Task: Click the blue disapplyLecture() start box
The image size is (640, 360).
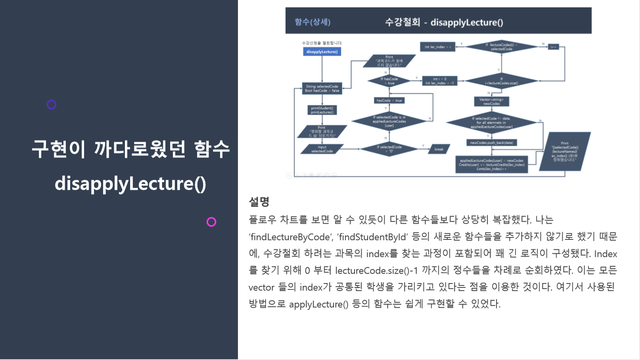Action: click(x=322, y=52)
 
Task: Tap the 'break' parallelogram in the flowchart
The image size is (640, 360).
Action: click(x=439, y=149)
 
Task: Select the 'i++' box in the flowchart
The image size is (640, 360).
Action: click(x=553, y=47)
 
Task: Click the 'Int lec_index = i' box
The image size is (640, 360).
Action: click(x=437, y=47)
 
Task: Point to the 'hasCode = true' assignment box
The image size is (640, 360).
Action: click(x=389, y=100)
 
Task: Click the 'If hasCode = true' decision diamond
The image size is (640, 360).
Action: click(x=389, y=81)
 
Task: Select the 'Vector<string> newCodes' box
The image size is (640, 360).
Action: click(x=491, y=101)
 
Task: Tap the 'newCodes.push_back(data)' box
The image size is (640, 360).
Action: click(x=491, y=143)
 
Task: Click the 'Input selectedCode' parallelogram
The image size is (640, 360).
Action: click(x=322, y=149)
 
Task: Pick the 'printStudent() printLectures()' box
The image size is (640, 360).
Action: click(x=322, y=110)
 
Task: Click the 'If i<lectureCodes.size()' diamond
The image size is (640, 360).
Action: click(x=501, y=81)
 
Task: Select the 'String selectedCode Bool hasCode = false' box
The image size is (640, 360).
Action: click(x=322, y=88)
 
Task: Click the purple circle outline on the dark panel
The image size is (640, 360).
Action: click(x=52, y=105)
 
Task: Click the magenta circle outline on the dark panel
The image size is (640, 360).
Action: click(x=211, y=222)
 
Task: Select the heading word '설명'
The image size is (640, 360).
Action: click(x=259, y=202)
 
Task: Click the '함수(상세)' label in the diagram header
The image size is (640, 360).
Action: click(x=312, y=22)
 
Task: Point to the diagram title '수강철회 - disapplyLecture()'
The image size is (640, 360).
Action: click(x=444, y=22)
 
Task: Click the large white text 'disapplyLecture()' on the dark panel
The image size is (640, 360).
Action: click(x=130, y=184)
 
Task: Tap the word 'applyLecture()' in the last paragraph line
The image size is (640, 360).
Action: click(x=318, y=304)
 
